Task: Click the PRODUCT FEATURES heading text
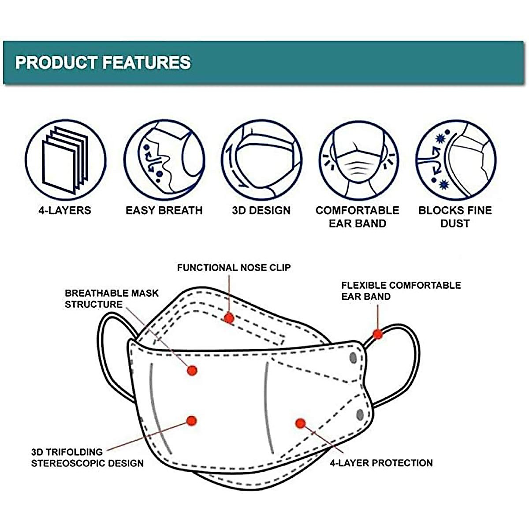click(103, 63)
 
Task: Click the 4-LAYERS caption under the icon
click(65, 210)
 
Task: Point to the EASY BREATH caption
click(164, 210)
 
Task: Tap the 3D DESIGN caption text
click(261, 210)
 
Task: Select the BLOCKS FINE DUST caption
click(455, 216)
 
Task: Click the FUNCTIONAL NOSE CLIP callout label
click(234, 268)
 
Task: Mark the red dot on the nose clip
click(228, 317)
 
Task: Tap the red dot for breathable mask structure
click(192, 370)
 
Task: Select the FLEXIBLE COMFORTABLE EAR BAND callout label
click(401, 291)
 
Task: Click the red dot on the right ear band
click(378, 334)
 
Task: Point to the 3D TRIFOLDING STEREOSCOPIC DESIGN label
click(87, 458)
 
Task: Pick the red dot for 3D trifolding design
click(191, 421)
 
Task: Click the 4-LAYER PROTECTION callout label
click(381, 463)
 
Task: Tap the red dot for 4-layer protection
click(301, 424)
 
